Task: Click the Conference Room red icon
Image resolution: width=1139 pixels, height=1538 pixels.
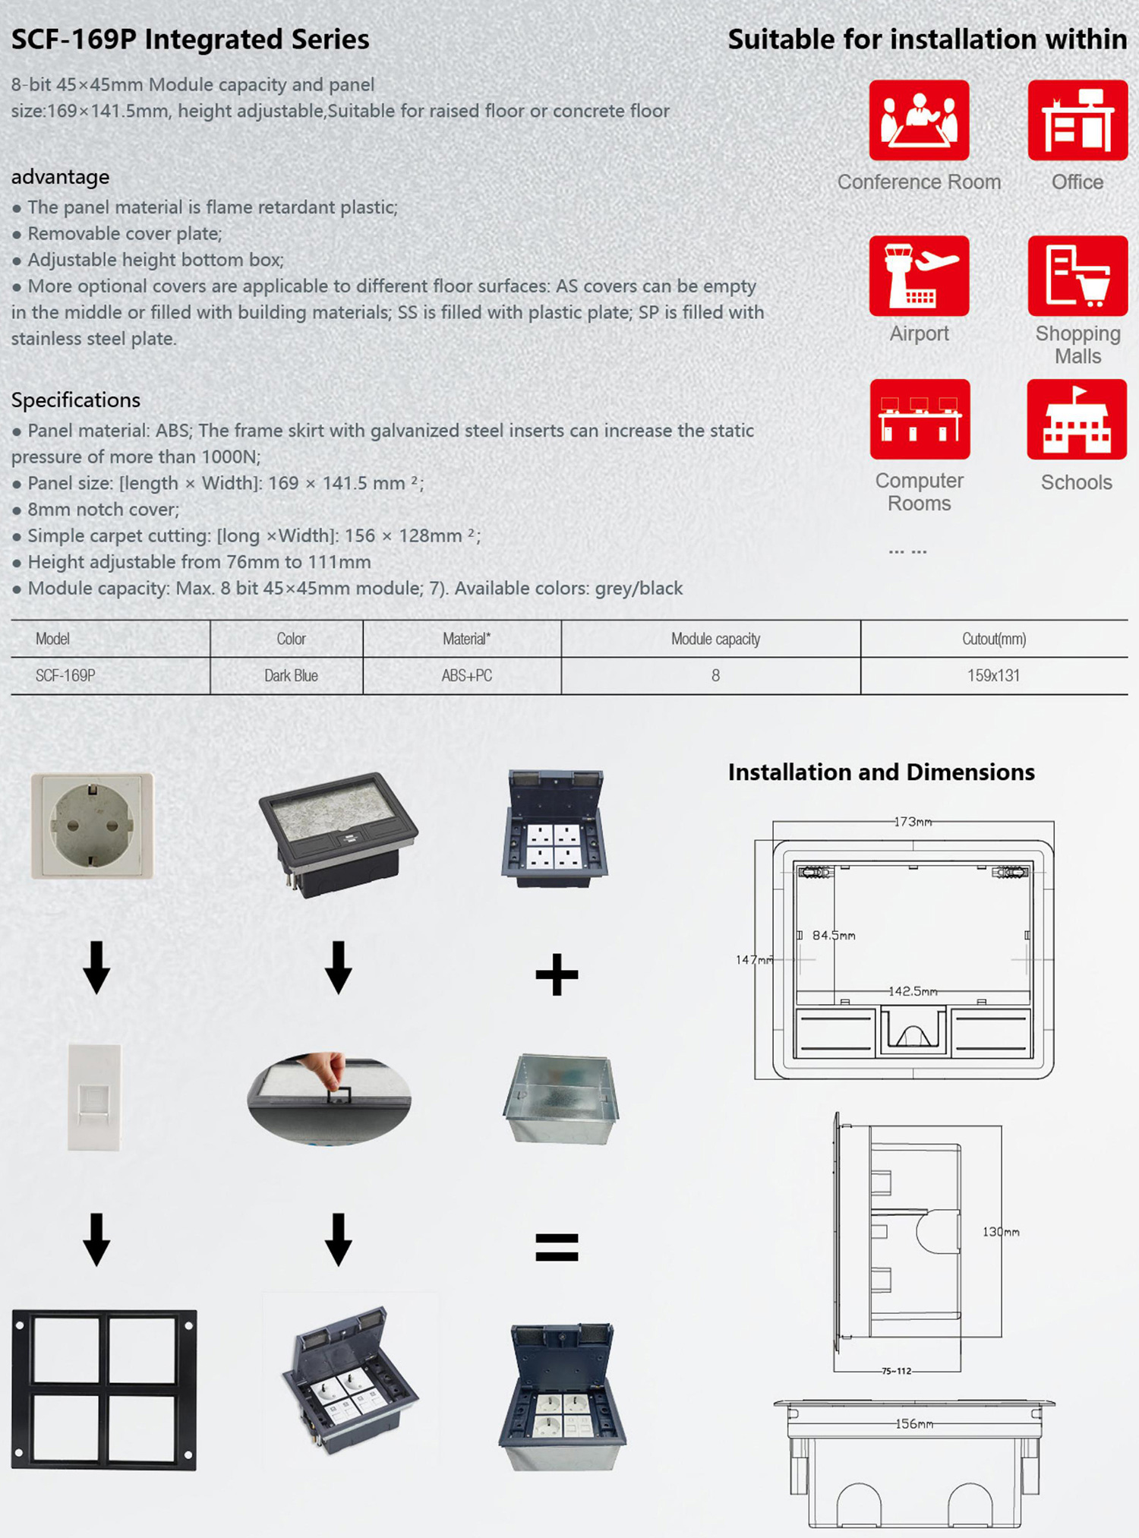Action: [x=919, y=120]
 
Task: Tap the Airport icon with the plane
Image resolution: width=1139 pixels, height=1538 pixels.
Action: [x=919, y=276]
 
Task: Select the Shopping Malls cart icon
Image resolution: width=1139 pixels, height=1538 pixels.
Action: [x=1077, y=276]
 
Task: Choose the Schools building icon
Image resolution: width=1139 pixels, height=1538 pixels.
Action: [x=1077, y=419]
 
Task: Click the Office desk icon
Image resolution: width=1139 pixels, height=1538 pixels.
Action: [x=1077, y=120]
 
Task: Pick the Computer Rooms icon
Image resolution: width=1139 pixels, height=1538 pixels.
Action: [x=920, y=419]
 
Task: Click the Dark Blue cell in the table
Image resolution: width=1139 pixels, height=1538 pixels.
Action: [x=291, y=675]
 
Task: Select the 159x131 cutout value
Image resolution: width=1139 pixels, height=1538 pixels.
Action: [x=993, y=675]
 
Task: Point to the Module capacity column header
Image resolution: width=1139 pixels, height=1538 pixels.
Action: [x=715, y=639]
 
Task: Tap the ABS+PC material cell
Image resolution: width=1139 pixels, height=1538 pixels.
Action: [x=466, y=675]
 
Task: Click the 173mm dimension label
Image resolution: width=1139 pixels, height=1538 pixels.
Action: [x=913, y=822]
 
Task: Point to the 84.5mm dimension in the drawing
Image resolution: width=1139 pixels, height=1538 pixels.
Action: [x=834, y=935]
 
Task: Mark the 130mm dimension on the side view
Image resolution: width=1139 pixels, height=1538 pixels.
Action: [x=1001, y=1232]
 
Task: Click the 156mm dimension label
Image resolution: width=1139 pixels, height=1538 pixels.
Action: [x=914, y=1424]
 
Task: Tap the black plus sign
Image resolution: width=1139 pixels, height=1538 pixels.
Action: [x=557, y=974]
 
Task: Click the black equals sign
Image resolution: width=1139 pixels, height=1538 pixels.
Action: [x=557, y=1246]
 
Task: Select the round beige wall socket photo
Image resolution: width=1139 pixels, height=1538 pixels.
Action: [x=93, y=826]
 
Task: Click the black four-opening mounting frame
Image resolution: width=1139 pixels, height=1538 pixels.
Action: [x=104, y=1389]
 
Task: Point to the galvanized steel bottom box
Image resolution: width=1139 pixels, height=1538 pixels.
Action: [x=560, y=1099]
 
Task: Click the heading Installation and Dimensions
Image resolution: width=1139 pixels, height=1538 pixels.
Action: [x=881, y=772]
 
